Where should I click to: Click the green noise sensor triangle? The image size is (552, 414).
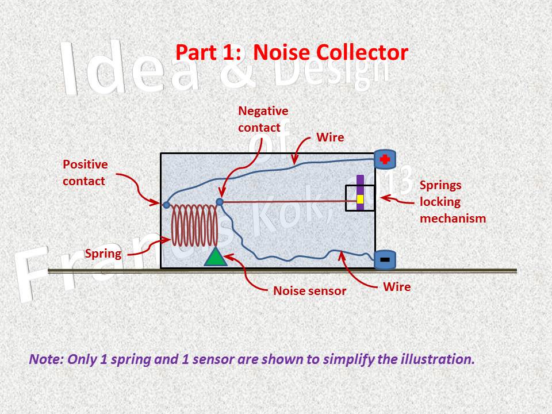(x=216, y=258)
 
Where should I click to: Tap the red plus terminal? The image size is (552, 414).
(x=385, y=159)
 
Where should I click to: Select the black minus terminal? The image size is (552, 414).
(x=385, y=260)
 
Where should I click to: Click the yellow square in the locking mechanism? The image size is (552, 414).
(x=361, y=200)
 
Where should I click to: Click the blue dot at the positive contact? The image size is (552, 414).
(x=166, y=205)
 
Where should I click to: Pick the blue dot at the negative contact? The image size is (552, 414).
(x=219, y=202)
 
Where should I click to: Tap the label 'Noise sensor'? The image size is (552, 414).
(x=309, y=291)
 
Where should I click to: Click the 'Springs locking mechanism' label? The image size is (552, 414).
(x=453, y=202)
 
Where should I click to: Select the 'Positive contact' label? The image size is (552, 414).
(x=85, y=172)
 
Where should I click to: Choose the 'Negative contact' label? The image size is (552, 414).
(x=263, y=119)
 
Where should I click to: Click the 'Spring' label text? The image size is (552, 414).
(x=103, y=254)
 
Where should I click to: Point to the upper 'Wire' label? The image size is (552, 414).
(x=331, y=137)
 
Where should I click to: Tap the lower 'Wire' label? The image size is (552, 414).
(x=397, y=286)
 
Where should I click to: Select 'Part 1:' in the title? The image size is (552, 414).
(x=210, y=52)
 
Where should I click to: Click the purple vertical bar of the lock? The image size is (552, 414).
(x=360, y=184)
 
